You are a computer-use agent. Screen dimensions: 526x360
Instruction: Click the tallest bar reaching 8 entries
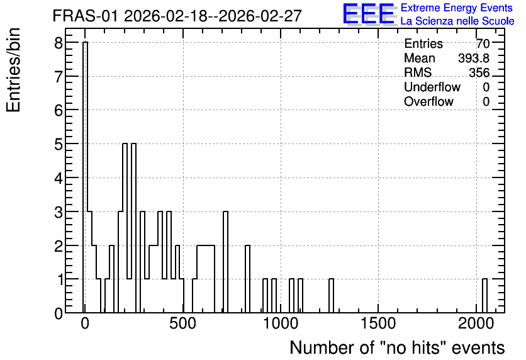(85, 177)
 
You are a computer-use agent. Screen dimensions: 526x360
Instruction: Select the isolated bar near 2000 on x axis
(484, 296)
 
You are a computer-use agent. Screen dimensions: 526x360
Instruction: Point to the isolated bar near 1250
(331, 296)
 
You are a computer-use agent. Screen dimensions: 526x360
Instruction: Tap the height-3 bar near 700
(225, 262)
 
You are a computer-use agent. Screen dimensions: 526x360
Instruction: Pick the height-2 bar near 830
(247, 279)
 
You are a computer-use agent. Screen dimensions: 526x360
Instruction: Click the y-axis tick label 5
(59, 144)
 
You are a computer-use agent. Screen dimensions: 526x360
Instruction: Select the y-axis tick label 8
(59, 43)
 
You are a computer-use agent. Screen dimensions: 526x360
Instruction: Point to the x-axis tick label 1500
(378, 323)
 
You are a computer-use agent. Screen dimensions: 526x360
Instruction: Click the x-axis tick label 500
(183, 323)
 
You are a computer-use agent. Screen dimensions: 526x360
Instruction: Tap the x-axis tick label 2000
(476, 323)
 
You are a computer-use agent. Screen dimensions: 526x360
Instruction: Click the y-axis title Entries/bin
(13, 70)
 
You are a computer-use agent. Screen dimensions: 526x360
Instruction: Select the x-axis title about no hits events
(397, 347)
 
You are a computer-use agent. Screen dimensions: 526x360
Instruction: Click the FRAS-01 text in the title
(85, 16)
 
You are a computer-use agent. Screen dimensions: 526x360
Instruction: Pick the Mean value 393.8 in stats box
(474, 58)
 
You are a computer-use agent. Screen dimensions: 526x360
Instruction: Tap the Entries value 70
(483, 43)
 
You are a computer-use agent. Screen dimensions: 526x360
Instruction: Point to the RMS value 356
(479, 72)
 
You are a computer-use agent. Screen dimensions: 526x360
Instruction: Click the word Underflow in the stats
(432, 87)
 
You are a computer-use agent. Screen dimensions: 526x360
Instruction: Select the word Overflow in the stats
(428, 101)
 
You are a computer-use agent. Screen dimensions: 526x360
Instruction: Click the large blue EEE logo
(369, 14)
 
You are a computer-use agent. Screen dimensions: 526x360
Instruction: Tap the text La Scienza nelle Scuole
(457, 21)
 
